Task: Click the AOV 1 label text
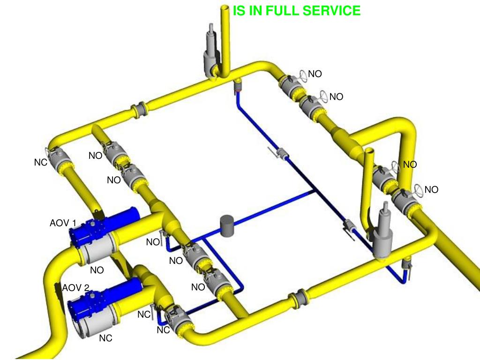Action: pyautogui.click(x=63, y=223)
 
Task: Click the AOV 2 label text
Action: pyautogui.click(x=75, y=287)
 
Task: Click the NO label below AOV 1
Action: pyautogui.click(x=97, y=270)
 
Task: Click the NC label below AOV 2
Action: pyautogui.click(x=105, y=338)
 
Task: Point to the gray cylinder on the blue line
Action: pyautogui.click(x=227, y=225)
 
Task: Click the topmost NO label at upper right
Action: pyautogui.click(x=315, y=74)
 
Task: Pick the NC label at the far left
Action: pyautogui.click(x=41, y=162)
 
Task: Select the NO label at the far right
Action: pyautogui.click(x=431, y=190)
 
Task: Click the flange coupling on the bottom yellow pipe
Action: pyautogui.click(x=299, y=299)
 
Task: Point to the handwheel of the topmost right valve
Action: pyautogui.click(x=303, y=75)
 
